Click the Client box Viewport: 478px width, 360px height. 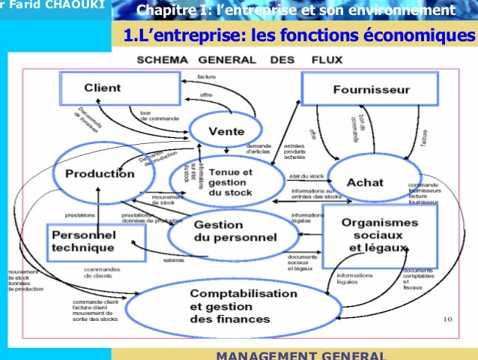click(102, 88)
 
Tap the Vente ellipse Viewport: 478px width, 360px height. click(226, 131)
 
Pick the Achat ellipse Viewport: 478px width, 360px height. click(365, 183)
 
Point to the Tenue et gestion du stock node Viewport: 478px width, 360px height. click(232, 182)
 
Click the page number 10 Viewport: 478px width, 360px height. click(447, 319)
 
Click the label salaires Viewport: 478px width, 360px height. click(175, 261)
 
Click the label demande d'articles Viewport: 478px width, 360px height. click(258, 148)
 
